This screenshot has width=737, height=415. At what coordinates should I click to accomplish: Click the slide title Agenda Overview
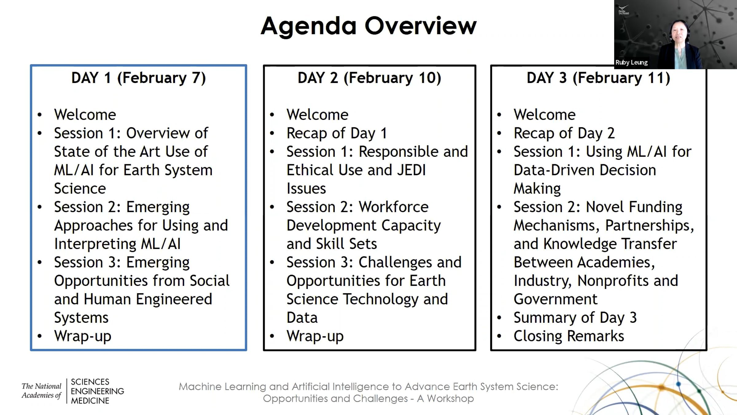[x=368, y=26]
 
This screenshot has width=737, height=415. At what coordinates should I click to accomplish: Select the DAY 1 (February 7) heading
[x=138, y=78]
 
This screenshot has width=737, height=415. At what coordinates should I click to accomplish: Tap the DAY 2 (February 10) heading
[x=369, y=78]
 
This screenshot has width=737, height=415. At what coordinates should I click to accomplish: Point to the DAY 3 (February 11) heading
[x=599, y=78]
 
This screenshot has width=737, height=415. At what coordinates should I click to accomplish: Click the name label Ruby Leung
[x=631, y=62]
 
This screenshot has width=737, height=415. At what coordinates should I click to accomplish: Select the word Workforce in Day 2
[x=393, y=207]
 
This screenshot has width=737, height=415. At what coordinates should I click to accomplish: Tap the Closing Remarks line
[x=569, y=336]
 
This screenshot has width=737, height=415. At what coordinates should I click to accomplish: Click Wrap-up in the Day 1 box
[x=83, y=336]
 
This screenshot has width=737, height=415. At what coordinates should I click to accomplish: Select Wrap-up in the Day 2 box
[x=315, y=336]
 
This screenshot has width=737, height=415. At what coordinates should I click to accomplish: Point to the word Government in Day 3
[x=556, y=299]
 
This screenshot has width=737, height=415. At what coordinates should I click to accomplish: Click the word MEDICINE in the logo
[x=90, y=401]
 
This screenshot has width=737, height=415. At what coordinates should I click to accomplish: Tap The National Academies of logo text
[x=41, y=390]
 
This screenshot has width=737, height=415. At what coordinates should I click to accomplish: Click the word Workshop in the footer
[x=450, y=399]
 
